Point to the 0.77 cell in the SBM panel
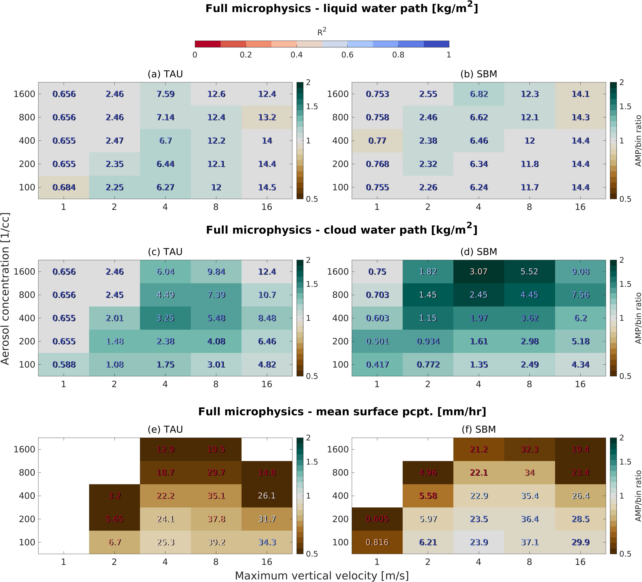click(x=377, y=141)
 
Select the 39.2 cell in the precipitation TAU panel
click(x=216, y=542)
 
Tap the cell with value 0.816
click(x=377, y=542)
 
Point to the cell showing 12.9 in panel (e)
click(x=165, y=449)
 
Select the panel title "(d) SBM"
click(x=479, y=252)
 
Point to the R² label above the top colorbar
click(x=322, y=32)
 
